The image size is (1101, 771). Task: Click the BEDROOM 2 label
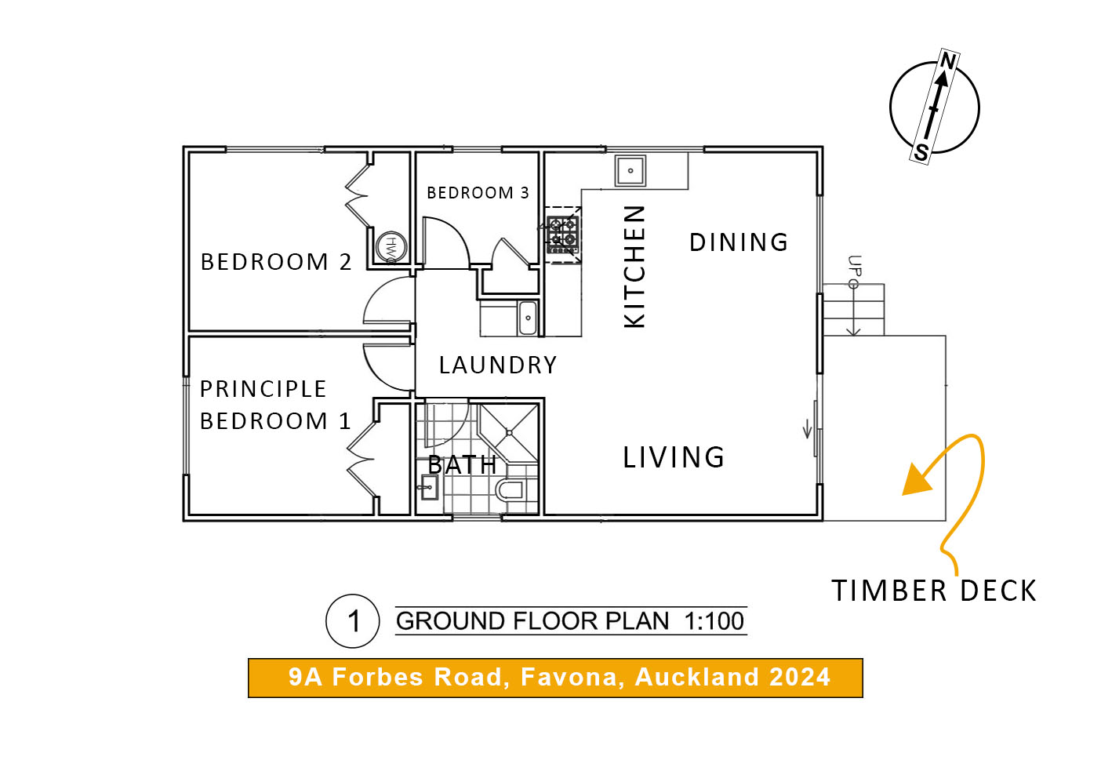click(x=276, y=262)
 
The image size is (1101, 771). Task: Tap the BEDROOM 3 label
click(x=478, y=193)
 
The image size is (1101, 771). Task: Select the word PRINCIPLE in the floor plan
click(x=263, y=389)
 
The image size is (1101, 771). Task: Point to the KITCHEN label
click(x=634, y=267)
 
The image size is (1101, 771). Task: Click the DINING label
click(x=739, y=242)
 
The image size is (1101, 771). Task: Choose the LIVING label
click(x=674, y=457)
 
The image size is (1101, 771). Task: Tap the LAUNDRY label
click(x=498, y=365)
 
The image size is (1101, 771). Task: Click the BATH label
click(x=462, y=464)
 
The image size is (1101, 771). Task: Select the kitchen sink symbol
click(x=630, y=171)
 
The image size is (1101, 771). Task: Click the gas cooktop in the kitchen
click(x=563, y=235)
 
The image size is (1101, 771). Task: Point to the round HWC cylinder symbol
click(x=392, y=247)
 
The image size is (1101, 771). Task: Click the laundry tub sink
click(x=528, y=318)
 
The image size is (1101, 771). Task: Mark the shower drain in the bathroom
click(x=510, y=433)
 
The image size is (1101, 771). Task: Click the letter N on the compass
click(x=948, y=61)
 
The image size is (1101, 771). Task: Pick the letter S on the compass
click(x=921, y=151)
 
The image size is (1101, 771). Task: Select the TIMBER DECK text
click(x=933, y=591)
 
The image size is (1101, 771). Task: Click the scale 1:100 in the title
click(x=714, y=621)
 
